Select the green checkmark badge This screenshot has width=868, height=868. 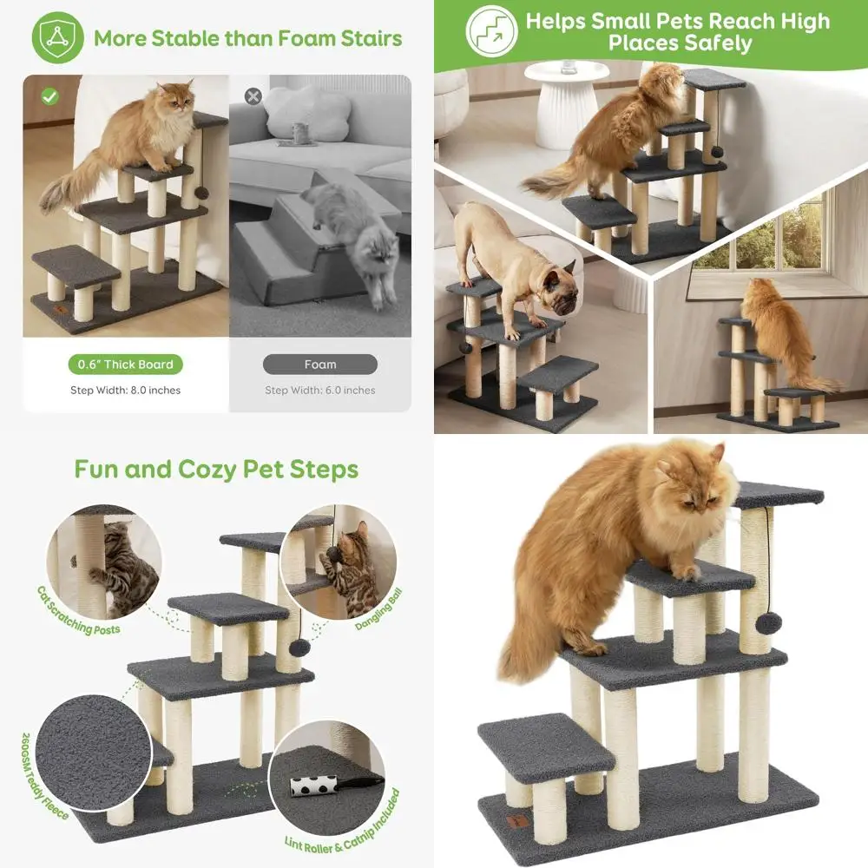pyautogui.click(x=49, y=95)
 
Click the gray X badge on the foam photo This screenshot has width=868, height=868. pyautogui.click(x=253, y=95)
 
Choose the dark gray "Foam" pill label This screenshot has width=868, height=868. pyautogui.click(x=320, y=365)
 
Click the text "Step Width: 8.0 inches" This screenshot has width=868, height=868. pyautogui.click(x=126, y=391)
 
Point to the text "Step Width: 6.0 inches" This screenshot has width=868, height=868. pyautogui.click(x=320, y=391)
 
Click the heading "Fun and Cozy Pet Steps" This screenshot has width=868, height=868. pyautogui.click(x=216, y=470)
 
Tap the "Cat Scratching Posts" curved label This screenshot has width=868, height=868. pyautogui.click(x=79, y=611)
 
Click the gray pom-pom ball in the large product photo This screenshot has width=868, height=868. pyautogui.click(x=768, y=623)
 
